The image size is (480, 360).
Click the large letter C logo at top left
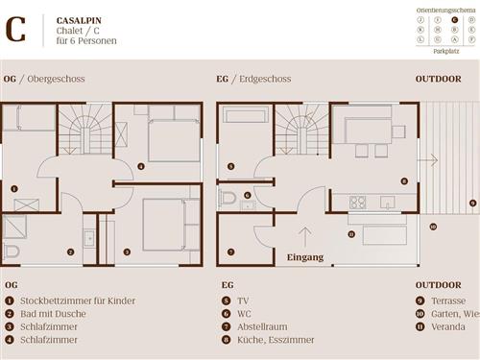point(16,30)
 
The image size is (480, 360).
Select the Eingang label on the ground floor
point(305,257)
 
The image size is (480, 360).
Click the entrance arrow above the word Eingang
point(305,236)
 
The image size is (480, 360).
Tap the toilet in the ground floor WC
point(227,199)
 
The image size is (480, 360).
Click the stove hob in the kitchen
point(357,203)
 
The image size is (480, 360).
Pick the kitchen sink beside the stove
point(386,203)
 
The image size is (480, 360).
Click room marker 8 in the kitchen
point(404,180)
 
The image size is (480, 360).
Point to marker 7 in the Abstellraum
point(230,252)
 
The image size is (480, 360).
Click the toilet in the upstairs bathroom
point(11,252)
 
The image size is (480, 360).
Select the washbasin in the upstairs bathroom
point(89,237)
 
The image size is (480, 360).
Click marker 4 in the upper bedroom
point(141,167)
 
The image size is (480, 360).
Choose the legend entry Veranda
point(443,326)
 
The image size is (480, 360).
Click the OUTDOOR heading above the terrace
point(438,78)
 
